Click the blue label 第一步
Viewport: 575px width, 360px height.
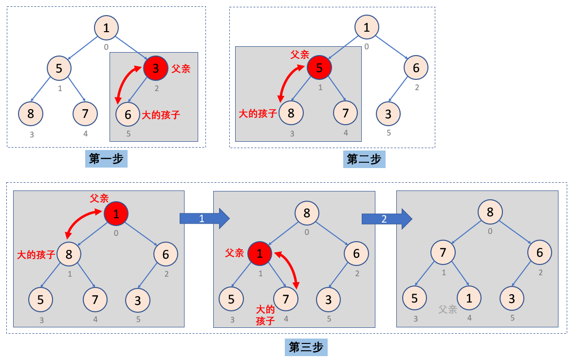(x=106, y=159)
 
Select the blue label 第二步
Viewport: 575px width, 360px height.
(x=364, y=159)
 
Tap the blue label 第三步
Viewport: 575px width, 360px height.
(x=306, y=347)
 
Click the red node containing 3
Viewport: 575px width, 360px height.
(x=155, y=68)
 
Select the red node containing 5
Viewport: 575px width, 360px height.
(x=319, y=68)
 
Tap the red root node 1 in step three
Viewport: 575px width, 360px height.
(x=116, y=213)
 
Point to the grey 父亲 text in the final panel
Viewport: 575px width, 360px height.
(x=447, y=309)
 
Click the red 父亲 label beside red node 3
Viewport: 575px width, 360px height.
(x=181, y=68)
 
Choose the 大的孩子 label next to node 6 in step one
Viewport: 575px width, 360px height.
(x=161, y=115)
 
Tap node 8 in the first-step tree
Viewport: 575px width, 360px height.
(x=31, y=114)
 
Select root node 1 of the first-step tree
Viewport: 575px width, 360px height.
(x=106, y=27)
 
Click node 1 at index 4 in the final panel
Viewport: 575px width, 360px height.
(x=469, y=298)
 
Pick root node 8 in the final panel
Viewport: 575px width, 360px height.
(x=490, y=212)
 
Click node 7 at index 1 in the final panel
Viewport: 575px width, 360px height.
(x=443, y=252)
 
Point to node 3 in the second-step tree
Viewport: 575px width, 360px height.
(x=388, y=114)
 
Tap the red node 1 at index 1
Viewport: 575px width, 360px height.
(x=260, y=253)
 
